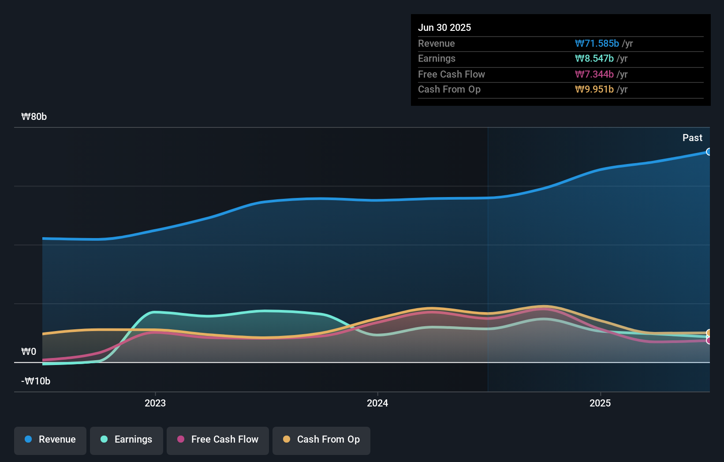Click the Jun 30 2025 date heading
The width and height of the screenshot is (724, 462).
tap(444, 27)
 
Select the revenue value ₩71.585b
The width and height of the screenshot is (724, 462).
tap(597, 43)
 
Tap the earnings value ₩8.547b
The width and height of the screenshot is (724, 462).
tap(594, 58)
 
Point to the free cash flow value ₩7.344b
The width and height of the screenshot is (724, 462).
tap(594, 74)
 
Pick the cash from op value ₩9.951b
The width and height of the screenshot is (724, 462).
tap(594, 89)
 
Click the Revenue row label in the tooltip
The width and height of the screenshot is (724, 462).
tap(436, 43)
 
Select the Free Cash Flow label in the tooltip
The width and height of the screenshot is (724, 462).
tap(451, 74)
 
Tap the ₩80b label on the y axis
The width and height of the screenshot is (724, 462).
tap(34, 116)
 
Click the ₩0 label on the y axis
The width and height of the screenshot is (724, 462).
tap(29, 351)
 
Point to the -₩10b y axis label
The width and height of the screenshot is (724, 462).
tap(36, 381)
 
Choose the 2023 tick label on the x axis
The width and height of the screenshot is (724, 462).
tap(155, 403)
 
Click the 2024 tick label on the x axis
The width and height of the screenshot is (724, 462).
tap(377, 403)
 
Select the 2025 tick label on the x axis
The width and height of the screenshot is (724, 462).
tap(600, 403)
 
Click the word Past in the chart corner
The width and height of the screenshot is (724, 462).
tap(692, 138)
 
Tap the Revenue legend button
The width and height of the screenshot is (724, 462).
tap(50, 440)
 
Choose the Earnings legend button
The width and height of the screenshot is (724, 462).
tap(127, 440)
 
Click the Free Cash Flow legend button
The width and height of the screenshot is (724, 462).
tap(218, 440)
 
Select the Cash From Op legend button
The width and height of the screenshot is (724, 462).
tap(321, 440)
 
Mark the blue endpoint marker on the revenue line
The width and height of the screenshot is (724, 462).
tap(709, 152)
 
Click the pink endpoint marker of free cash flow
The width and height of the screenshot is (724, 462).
tap(709, 340)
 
